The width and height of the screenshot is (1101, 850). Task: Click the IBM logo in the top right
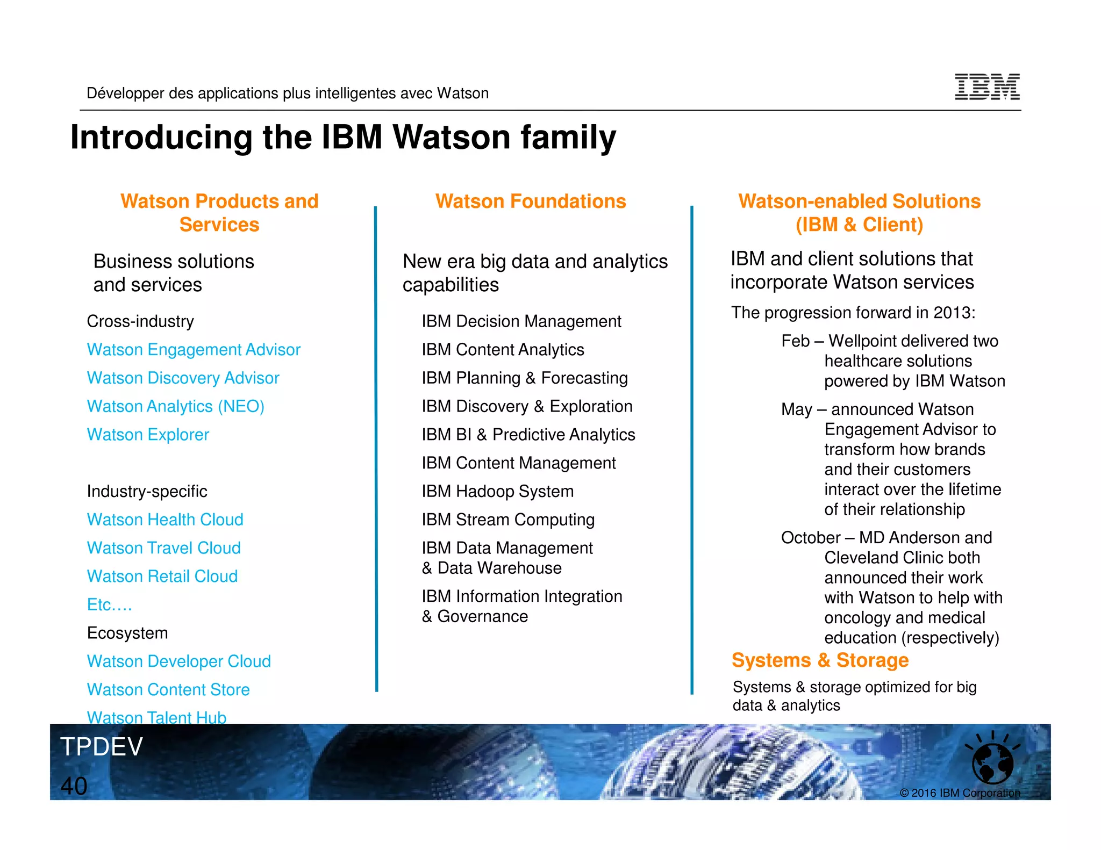(986, 87)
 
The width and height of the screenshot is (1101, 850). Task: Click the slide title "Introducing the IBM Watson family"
(343, 137)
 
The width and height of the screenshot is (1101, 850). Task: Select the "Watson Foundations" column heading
(530, 201)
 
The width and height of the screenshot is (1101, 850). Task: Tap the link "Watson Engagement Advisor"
(194, 350)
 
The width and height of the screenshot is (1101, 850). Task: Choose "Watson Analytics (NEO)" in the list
(175, 406)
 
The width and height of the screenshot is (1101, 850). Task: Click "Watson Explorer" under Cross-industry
(148, 435)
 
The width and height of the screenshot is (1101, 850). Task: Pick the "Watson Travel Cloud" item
(163, 548)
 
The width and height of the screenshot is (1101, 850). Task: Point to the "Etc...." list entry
(109, 604)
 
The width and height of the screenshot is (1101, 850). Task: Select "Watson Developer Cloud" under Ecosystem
(178, 661)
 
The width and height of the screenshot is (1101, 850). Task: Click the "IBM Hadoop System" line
(497, 491)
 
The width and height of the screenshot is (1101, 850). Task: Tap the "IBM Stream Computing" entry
(507, 520)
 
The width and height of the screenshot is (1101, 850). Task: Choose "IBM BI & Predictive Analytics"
(528, 435)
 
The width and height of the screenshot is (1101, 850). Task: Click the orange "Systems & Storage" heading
(820, 660)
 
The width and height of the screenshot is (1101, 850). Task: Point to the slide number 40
(74, 786)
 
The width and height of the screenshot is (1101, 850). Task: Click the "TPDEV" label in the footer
(102, 747)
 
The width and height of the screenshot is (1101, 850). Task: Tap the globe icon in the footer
(992, 762)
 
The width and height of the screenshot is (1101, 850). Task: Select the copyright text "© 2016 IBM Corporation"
(959, 793)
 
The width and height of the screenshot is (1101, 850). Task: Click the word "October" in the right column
(810, 538)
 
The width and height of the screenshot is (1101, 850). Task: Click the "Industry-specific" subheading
(147, 491)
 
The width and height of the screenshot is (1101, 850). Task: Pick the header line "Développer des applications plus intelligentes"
(288, 93)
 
